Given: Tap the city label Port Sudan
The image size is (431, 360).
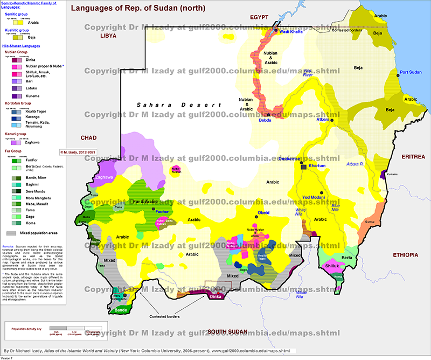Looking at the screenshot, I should click(x=412, y=72).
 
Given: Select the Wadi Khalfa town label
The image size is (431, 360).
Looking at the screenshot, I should click(x=293, y=32).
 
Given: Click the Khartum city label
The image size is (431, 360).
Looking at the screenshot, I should click(x=316, y=166).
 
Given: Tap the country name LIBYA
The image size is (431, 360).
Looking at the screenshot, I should click(x=108, y=36).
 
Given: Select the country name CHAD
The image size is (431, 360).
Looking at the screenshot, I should click(x=87, y=139).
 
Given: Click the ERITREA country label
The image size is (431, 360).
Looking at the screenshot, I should click(x=413, y=156).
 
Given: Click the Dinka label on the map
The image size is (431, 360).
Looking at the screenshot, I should click(x=215, y=296).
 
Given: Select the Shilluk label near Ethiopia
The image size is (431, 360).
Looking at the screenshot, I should click(x=332, y=266).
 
